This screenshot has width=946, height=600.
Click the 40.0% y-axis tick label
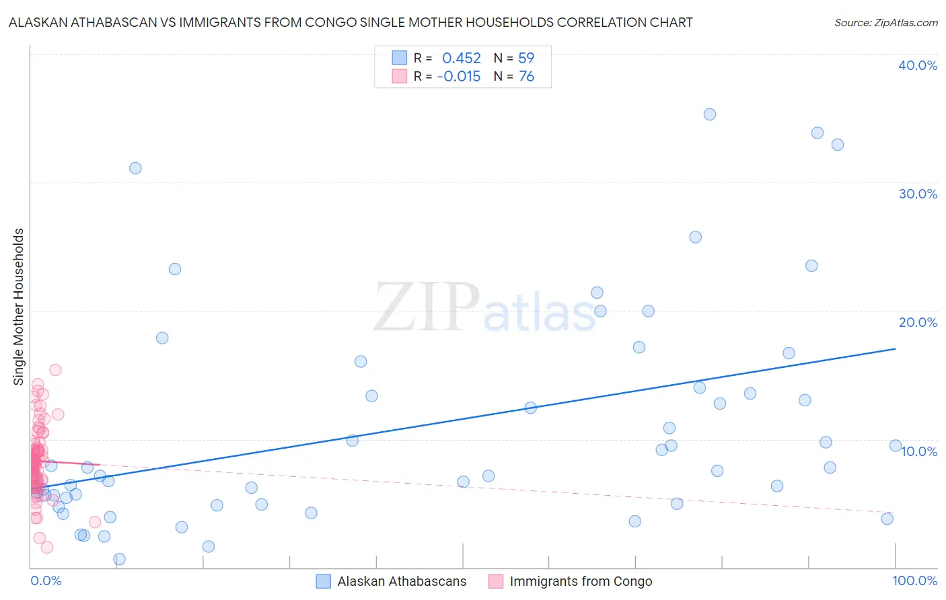pos(918,65)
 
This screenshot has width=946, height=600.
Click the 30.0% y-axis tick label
pos(918,194)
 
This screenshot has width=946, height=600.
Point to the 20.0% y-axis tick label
pos(918,322)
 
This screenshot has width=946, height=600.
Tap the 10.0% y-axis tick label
pos(919,451)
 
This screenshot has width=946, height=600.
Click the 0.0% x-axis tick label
pos(46,580)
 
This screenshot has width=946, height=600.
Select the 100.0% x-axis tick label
pos(914,580)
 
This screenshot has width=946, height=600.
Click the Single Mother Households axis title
pos(19,307)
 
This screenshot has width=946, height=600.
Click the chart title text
pos(350,22)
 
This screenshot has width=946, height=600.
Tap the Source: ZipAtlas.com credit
pos(885,22)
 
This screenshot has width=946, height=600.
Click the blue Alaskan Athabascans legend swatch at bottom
pos(323,581)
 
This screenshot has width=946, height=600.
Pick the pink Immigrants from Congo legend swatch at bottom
pos(496,581)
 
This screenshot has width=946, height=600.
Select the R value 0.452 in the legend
pos(461,59)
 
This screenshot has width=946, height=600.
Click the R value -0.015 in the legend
pos(459,77)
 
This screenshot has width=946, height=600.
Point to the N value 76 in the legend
pos(526,77)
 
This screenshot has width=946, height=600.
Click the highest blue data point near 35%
pos(709,114)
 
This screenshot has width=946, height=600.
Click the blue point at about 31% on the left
pos(135,168)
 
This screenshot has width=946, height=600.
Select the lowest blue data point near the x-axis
pos(119,559)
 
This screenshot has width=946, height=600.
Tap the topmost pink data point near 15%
pos(56,370)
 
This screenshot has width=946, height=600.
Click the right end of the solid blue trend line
pos(895,348)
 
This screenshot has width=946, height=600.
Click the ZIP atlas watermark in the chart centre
pos(484,308)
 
